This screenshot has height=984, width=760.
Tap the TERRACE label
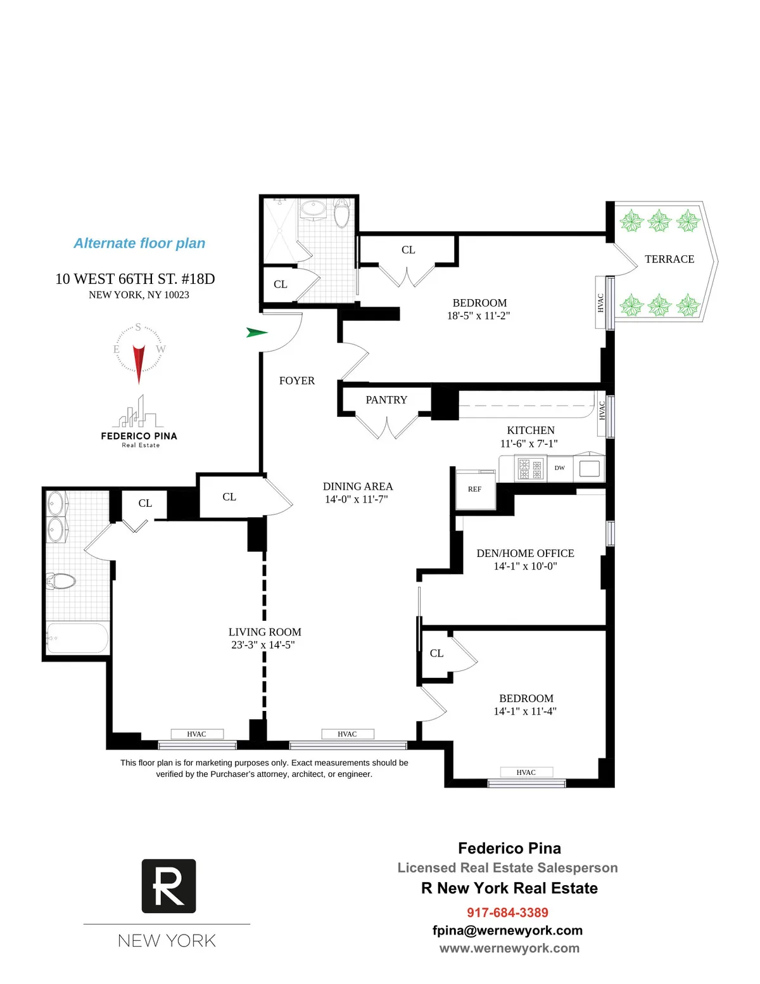tap(669, 259)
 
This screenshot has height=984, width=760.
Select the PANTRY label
tap(386, 400)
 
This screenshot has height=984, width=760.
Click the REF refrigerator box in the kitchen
tap(475, 490)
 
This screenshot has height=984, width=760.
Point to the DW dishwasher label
tap(559, 468)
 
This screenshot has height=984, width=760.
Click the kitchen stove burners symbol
tap(530, 469)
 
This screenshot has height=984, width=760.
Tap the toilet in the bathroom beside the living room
tap(61, 580)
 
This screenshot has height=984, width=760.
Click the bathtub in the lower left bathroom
tap(77, 638)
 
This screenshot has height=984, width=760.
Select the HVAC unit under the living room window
tap(196, 734)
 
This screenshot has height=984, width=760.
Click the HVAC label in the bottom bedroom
tap(526, 772)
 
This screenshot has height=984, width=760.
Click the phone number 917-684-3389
tap(507, 912)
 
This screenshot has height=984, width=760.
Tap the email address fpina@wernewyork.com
tap(507, 930)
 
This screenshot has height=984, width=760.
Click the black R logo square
tap(168, 886)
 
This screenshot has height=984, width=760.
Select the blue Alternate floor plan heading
tap(139, 243)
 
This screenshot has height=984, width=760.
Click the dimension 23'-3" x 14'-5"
tap(263, 645)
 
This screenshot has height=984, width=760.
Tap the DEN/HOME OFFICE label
tap(525, 553)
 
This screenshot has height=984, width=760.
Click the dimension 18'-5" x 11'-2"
tap(479, 316)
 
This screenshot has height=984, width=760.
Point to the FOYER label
tap(296, 381)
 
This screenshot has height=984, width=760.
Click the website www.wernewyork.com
tap(509, 949)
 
